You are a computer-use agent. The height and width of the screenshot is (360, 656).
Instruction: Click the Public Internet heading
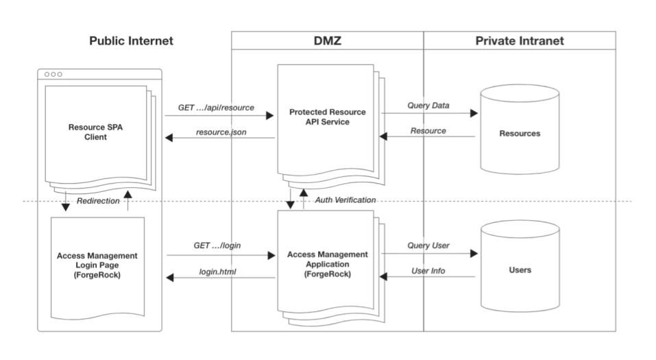pyautogui.click(x=131, y=41)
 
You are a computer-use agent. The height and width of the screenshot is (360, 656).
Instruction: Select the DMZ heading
pyautogui.click(x=327, y=41)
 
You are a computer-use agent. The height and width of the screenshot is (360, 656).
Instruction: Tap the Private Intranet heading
pyautogui.click(x=519, y=41)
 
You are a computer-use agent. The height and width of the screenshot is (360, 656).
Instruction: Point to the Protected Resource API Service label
pyautogui.click(x=327, y=117)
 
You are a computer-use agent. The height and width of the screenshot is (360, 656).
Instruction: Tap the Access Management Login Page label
pyautogui.click(x=97, y=265)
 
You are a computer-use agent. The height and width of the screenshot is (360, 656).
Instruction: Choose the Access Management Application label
pyautogui.click(x=327, y=263)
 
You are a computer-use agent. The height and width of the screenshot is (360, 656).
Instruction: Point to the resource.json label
pyautogui.click(x=221, y=131)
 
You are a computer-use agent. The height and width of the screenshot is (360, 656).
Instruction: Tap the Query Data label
pyautogui.click(x=428, y=106)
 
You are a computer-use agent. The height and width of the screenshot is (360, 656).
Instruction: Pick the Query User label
pyautogui.click(x=428, y=245)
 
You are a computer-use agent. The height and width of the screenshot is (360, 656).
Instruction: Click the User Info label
pyautogui.click(x=428, y=271)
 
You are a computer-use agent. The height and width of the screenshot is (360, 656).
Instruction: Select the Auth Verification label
pyautogui.click(x=345, y=200)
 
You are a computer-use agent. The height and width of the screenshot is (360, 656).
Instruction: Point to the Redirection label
pyautogui.click(x=97, y=201)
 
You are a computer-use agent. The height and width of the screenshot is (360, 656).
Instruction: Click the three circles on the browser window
pyautogui.click(x=53, y=74)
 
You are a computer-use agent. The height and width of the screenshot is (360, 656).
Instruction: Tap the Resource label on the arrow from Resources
pyautogui.click(x=428, y=130)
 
